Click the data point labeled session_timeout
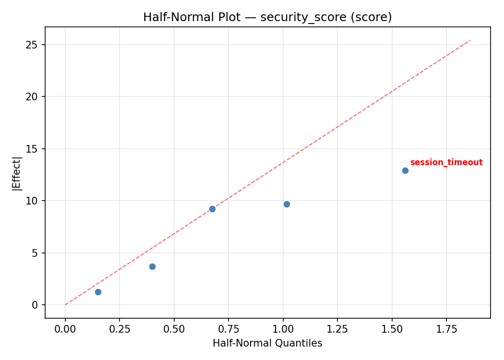(x=405, y=170)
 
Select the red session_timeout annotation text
(x=446, y=163)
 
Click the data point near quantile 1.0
(x=287, y=204)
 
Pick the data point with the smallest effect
(x=98, y=292)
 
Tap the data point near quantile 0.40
(x=152, y=266)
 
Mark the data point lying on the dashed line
(x=212, y=209)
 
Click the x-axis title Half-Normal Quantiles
(x=267, y=343)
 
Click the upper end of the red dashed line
(x=470, y=40)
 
